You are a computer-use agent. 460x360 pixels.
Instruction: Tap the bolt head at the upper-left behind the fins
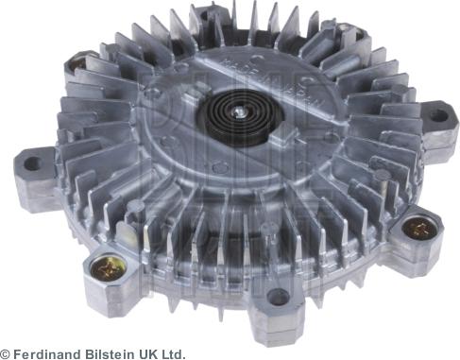tap(75, 67)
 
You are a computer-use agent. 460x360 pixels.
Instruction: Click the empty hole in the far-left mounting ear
tap(31, 163)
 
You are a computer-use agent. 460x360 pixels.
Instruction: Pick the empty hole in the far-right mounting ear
tap(437, 115)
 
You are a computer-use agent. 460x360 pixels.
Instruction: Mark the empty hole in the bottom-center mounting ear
tap(278, 299)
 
